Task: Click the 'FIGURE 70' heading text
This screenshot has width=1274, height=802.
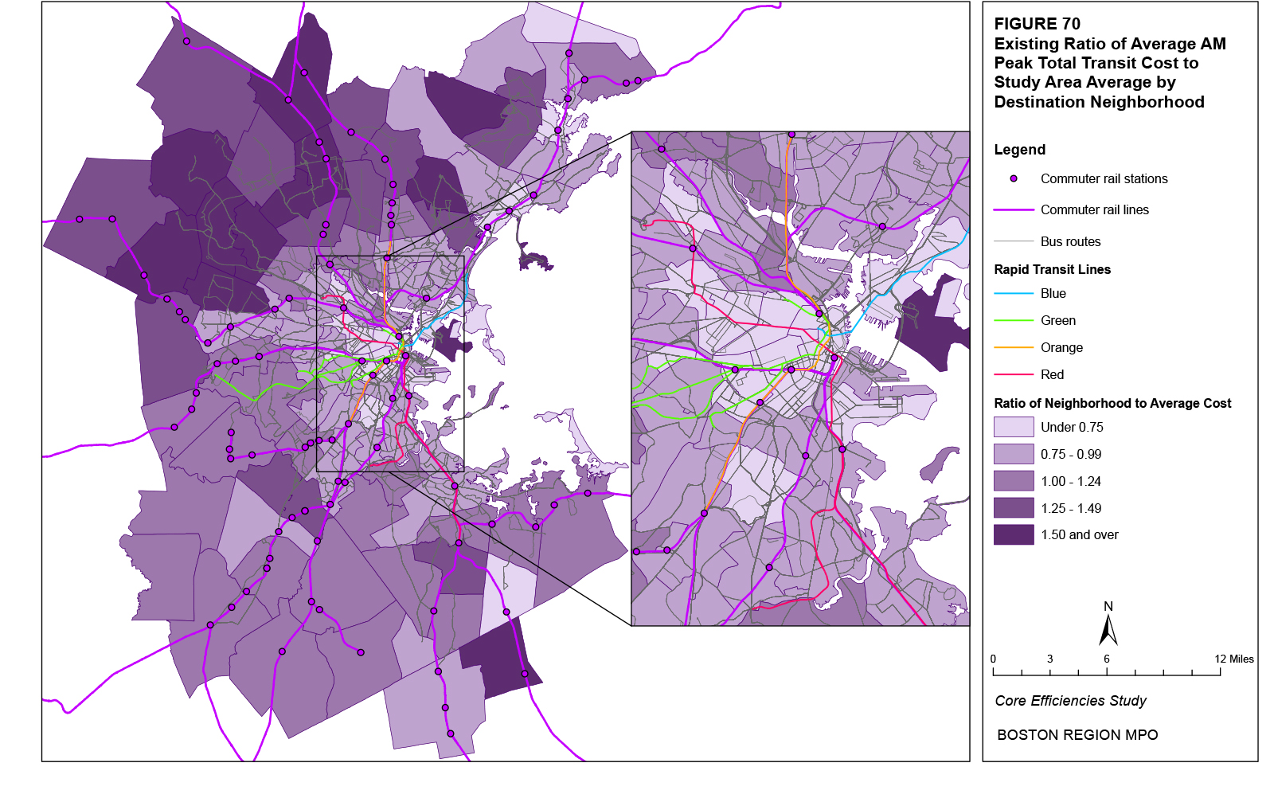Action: point(1037,24)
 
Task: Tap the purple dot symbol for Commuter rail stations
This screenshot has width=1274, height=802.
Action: point(1014,179)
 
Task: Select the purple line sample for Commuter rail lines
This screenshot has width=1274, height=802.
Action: point(1014,210)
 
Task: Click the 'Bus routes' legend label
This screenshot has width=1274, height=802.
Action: point(1070,241)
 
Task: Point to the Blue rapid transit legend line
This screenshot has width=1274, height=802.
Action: point(1014,294)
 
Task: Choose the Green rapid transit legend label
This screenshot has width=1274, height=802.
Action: point(1057,321)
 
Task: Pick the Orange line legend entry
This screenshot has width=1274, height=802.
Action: point(1061,348)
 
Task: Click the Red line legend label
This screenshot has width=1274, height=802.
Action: point(1052,375)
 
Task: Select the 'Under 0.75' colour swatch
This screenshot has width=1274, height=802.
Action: point(1014,427)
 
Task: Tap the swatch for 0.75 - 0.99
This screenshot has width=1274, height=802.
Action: point(1014,454)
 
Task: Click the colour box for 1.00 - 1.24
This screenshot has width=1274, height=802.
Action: point(1014,481)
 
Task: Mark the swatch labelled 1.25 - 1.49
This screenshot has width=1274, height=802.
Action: point(1014,508)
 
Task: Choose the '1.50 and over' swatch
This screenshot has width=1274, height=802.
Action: point(1014,535)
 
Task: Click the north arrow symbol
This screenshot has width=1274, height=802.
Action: point(1108,629)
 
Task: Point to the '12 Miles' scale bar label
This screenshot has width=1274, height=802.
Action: point(1233,659)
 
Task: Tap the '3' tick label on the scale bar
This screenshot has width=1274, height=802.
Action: point(1049,659)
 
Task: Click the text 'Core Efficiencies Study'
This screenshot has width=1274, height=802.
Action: point(1070,701)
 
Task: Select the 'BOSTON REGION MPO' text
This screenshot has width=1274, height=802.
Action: point(1077,735)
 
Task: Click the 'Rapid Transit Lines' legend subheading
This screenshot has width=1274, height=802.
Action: point(1052,269)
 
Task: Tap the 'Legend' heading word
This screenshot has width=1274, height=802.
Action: point(1019,150)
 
